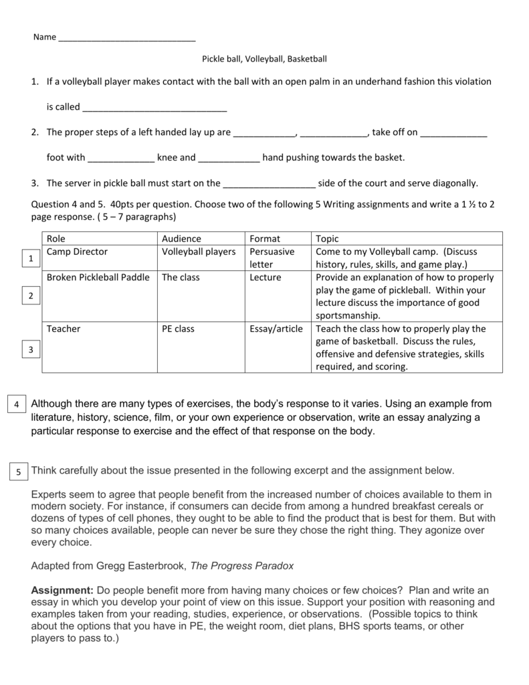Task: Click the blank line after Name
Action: point(127,38)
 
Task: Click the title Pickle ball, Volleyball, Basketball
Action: point(264,59)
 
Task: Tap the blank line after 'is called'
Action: point(154,107)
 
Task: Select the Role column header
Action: point(56,238)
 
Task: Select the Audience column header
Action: point(181,238)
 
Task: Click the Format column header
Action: point(265,238)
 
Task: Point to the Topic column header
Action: point(328,238)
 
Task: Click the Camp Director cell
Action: point(77,252)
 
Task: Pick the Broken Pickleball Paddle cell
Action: point(98,277)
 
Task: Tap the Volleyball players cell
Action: point(199,252)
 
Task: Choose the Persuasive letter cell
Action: point(272,258)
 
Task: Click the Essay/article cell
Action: point(276,328)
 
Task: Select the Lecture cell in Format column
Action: point(266,277)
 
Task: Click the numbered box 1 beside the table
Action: point(29,258)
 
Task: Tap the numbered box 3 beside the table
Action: point(29,349)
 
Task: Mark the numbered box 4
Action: point(15,405)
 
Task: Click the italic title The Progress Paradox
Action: point(242,565)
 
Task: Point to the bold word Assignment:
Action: point(62,590)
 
